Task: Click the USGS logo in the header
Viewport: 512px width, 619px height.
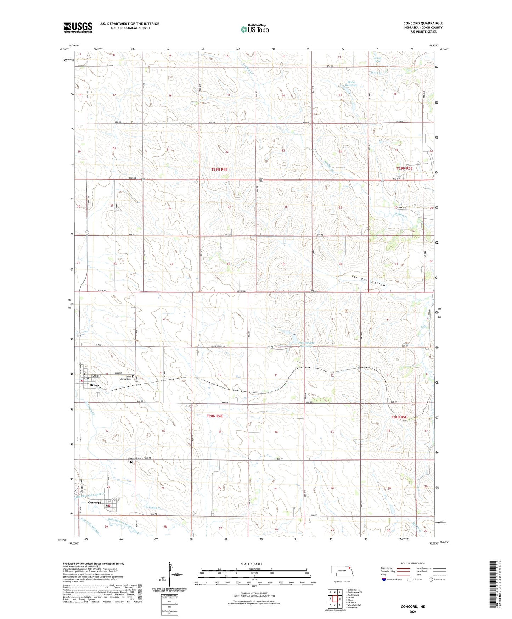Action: [x=78, y=27]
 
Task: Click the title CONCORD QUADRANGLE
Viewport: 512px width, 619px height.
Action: [x=423, y=23]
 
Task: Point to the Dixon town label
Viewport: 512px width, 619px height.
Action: [x=94, y=385]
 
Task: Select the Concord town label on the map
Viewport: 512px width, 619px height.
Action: [x=95, y=502]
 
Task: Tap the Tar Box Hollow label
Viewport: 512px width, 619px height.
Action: [x=368, y=280]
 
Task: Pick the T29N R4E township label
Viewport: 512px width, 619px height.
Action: [x=219, y=170]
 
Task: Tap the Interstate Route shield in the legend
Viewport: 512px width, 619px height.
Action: [x=384, y=579]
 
